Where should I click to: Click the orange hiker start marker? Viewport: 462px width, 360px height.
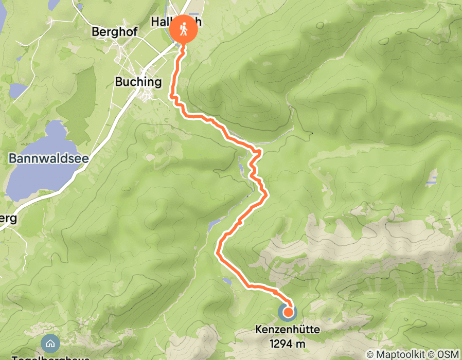(x=184, y=30)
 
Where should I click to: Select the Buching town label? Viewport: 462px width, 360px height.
(x=138, y=82)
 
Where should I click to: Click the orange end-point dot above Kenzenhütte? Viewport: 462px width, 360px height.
(x=288, y=312)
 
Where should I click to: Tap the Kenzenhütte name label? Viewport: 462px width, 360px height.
(x=288, y=330)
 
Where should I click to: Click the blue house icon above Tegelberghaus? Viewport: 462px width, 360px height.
(x=50, y=343)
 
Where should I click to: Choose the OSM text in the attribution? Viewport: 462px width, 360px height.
(x=449, y=354)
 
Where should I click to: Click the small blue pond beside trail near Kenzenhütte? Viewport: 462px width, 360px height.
(x=227, y=281)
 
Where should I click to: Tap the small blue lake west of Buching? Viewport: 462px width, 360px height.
(x=18, y=91)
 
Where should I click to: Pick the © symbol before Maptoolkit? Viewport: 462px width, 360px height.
(x=370, y=354)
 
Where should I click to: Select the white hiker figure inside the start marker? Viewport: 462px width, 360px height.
(x=184, y=30)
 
